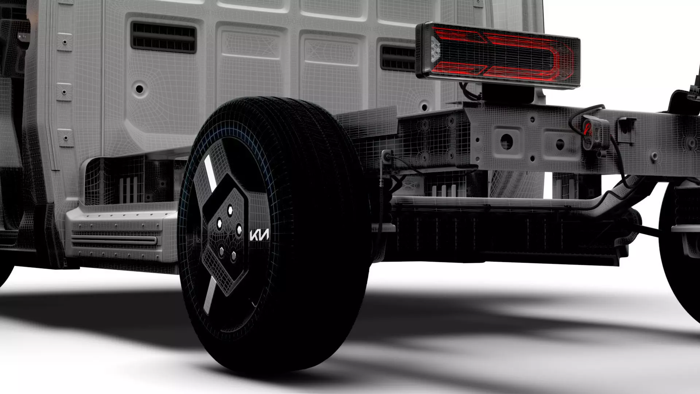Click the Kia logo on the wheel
coord(259,235)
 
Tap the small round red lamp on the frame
coord(587,129)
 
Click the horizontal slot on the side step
coord(114,240)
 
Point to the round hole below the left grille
coord(139,89)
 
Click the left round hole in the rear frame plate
coord(506,140)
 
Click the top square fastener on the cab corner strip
coord(65,42)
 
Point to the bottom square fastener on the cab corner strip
coord(66,138)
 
